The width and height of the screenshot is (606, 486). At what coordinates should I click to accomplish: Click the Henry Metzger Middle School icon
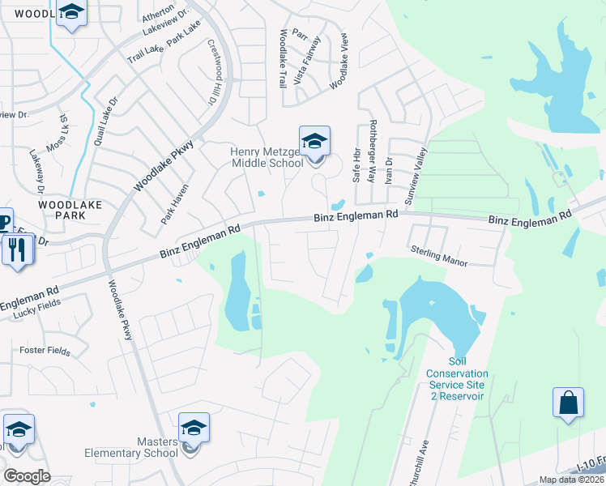pyautogui.click(x=314, y=143)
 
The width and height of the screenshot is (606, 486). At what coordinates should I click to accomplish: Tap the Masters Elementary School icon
pyautogui.click(x=194, y=429)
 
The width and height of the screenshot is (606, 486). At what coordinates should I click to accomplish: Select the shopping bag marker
pyautogui.click(x=568, y=403)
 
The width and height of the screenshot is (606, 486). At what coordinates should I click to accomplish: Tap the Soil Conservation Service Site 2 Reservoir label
pyautogui.click(x=454, y=379)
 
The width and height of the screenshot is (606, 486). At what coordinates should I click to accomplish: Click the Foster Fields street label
pyautogui.click(x=45, y=352)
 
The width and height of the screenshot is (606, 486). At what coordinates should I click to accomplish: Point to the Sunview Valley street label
pyautogui.click(x=414, y=173)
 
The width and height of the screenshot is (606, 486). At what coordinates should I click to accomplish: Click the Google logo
pyautogui.click(x=27, y=475)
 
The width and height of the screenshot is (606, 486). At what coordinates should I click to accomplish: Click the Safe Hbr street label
pyautogui.click(x=355, y=164)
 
